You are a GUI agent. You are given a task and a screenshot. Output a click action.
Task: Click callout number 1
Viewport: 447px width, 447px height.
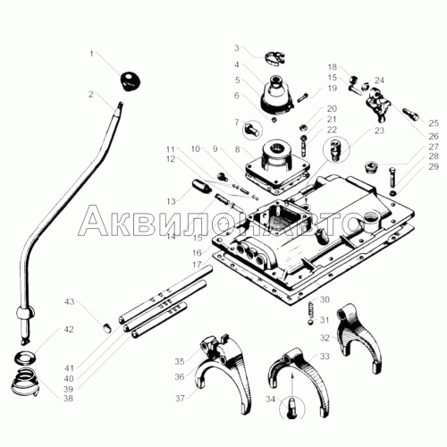pyautogui.click(x=91, y=55)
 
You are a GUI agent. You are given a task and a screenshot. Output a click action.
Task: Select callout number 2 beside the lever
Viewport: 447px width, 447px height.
pyautogui.click(x=91, y=94)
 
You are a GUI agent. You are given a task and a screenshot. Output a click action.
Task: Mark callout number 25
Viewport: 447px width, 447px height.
pyautogui.click(x=434, y=123)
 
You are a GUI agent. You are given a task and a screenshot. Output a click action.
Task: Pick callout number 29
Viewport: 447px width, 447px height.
pyautogui.click(x=434, y=166)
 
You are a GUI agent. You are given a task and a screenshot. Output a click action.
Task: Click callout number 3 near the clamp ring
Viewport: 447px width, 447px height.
pyautogui.click(x=236, y=48)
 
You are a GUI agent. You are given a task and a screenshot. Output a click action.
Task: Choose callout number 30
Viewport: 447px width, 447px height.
pyautogui.click(x=325, y=299)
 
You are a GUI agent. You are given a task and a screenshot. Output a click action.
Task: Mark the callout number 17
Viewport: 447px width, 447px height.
pyautogui.click(x=197, y=265)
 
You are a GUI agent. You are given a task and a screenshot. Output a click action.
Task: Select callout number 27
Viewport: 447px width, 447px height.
pyautogui.click(x=434, y=147)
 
